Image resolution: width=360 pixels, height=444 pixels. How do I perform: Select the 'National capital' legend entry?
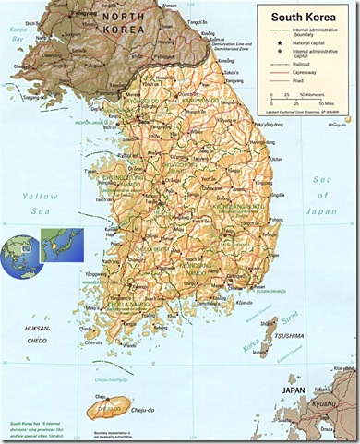303,44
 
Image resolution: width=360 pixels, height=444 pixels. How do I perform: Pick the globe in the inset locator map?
19,249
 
